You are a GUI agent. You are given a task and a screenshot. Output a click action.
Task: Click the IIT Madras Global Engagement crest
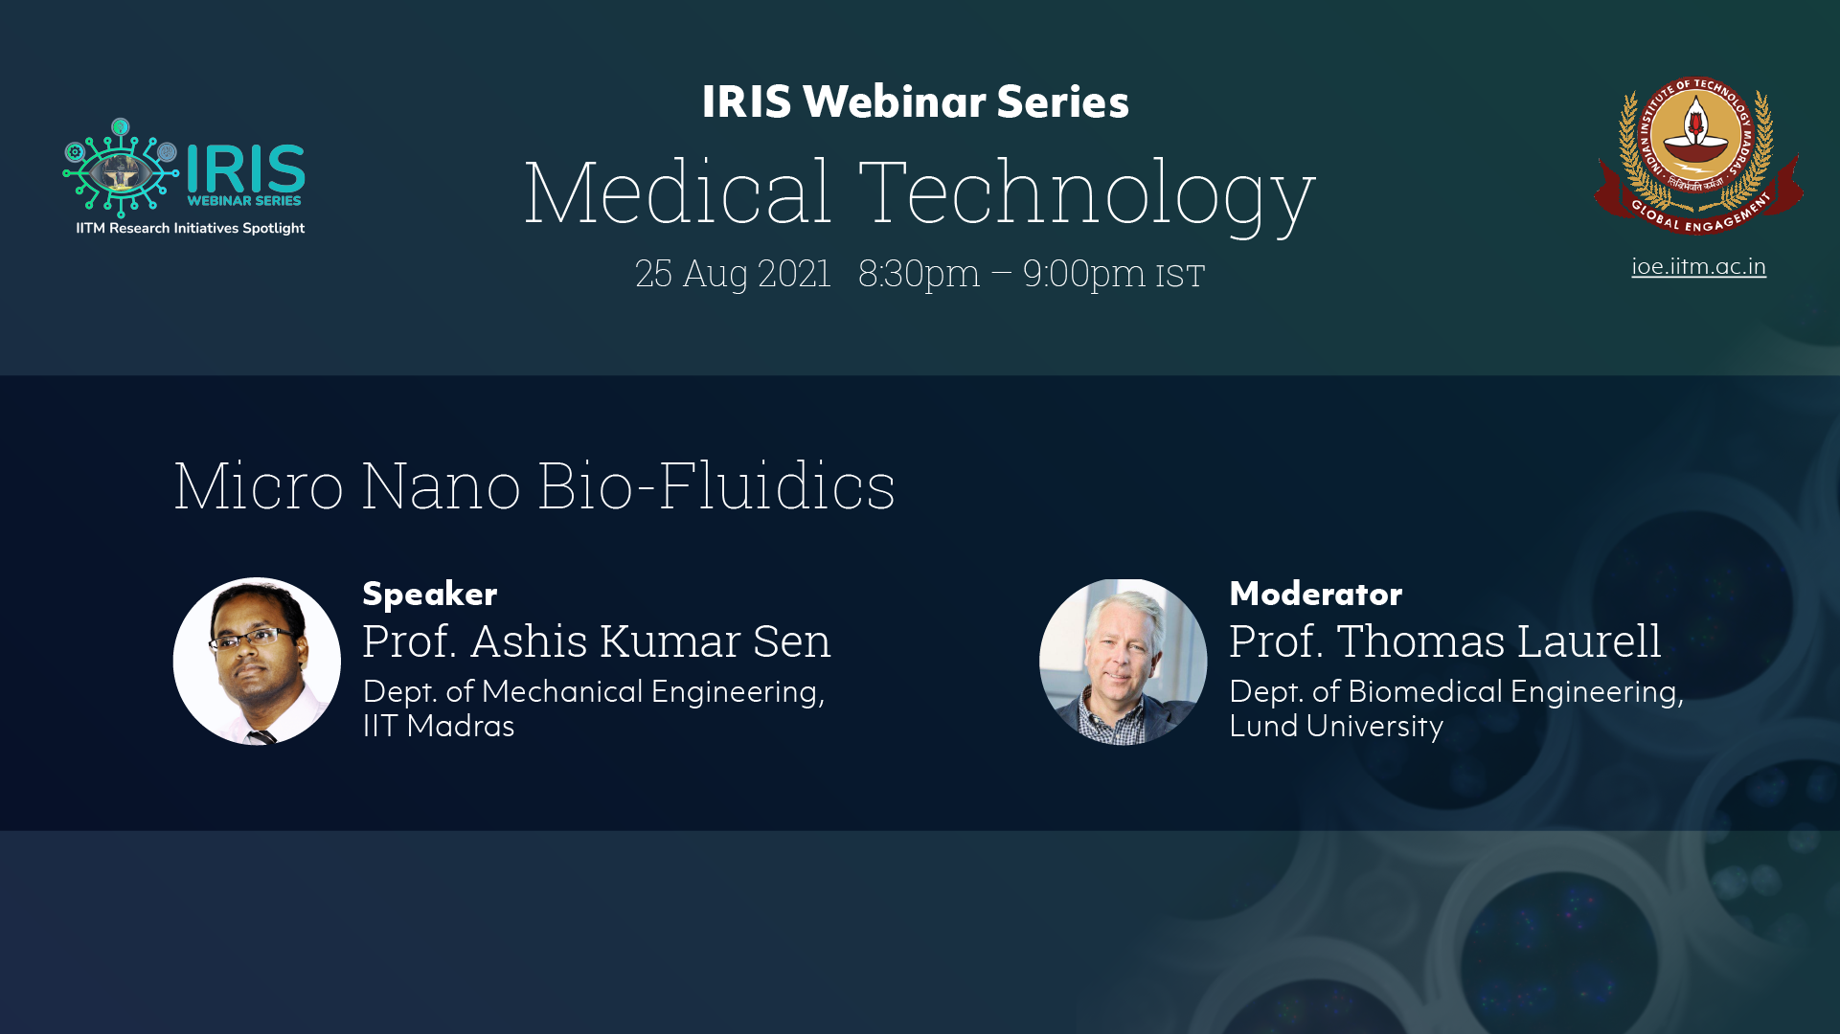pos(1698,155)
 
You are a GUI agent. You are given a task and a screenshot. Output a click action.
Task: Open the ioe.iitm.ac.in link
pos(1698,266)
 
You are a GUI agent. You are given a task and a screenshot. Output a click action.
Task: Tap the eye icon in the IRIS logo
pos(121,169)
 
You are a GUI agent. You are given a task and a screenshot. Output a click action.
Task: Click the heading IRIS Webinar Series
pos(915,101)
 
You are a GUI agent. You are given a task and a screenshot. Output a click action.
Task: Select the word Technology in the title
pos(1087,195)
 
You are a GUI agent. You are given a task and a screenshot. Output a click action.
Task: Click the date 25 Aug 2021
pos(733,274)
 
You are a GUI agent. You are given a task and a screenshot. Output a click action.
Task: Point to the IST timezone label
pos(1180,276)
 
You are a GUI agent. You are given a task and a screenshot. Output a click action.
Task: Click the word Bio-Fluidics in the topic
pos(716,485)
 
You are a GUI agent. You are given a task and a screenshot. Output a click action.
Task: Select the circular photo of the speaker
pos(257,661)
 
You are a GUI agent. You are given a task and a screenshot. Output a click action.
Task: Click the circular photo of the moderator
pos(1123,661)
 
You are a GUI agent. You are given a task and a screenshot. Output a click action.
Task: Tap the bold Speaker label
pos(429,595)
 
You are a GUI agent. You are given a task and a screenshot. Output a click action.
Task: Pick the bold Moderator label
pos(1315,594)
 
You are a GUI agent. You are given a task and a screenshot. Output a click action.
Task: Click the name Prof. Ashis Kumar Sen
pos(597,641)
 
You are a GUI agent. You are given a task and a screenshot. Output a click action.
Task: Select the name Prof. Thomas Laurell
pos(1445,641)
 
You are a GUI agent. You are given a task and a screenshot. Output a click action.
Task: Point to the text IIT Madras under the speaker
pos(439,726)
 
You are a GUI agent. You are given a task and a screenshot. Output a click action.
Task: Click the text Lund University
pos(1336,727)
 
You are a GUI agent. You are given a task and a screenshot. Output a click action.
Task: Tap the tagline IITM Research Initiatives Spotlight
pos(191,229)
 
